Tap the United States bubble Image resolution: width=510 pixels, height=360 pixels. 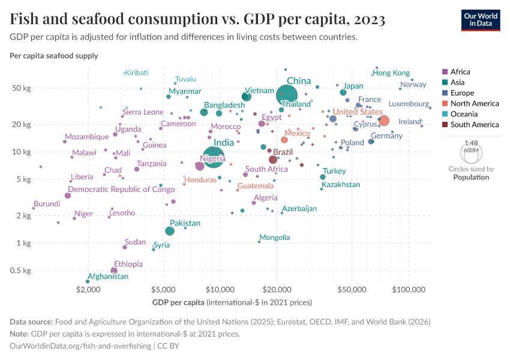tap(384, 121)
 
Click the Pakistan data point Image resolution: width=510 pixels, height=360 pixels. tap(170, 231)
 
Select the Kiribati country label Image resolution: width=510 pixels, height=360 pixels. tap(136, 73)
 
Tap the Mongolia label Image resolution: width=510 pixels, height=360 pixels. tap(274, 238)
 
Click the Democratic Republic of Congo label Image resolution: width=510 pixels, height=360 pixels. tap(121, 190)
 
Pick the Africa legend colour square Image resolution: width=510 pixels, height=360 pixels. tap(445, 71)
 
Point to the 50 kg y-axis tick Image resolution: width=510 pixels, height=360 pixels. tap(22, 88)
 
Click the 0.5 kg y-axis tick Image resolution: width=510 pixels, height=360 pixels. tap(22, 271)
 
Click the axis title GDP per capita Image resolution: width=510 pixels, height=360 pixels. tap(178, 301)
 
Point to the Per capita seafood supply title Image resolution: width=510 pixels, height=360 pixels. tap(54, 56)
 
